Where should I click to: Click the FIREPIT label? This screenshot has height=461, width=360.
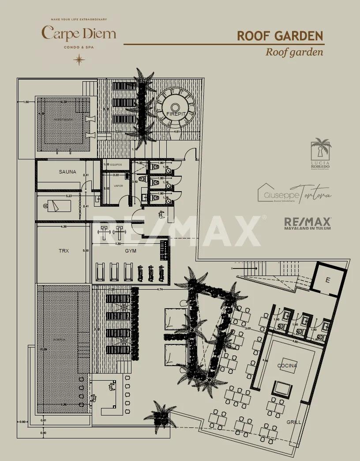click(176, 114)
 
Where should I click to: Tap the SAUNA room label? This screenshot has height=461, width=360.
click(67, 172)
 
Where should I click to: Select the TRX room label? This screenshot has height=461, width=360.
click(64, 251)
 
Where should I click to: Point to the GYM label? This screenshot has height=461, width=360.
click(130, 251)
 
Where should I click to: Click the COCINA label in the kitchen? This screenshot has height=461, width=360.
click(287, 366)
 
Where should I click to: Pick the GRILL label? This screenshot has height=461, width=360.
click(294, 422)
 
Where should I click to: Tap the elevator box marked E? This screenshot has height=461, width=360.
click(327, 280)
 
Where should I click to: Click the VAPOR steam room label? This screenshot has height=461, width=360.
click(118, 186)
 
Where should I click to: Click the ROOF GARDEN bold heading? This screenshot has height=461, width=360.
click(280, 36)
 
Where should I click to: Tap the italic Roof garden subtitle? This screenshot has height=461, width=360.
click(294, 52)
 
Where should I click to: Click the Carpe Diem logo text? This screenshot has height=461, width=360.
click(79, 33)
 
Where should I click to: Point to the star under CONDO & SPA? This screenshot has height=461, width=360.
click(79, 59)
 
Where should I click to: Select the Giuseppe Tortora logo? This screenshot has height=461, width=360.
click(294, 193)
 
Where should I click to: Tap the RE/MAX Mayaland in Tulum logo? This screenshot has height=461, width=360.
click(307, 223)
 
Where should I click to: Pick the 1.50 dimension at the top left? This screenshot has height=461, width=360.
click(26, 102)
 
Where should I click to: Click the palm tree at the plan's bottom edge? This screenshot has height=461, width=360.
click(160, 414)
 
